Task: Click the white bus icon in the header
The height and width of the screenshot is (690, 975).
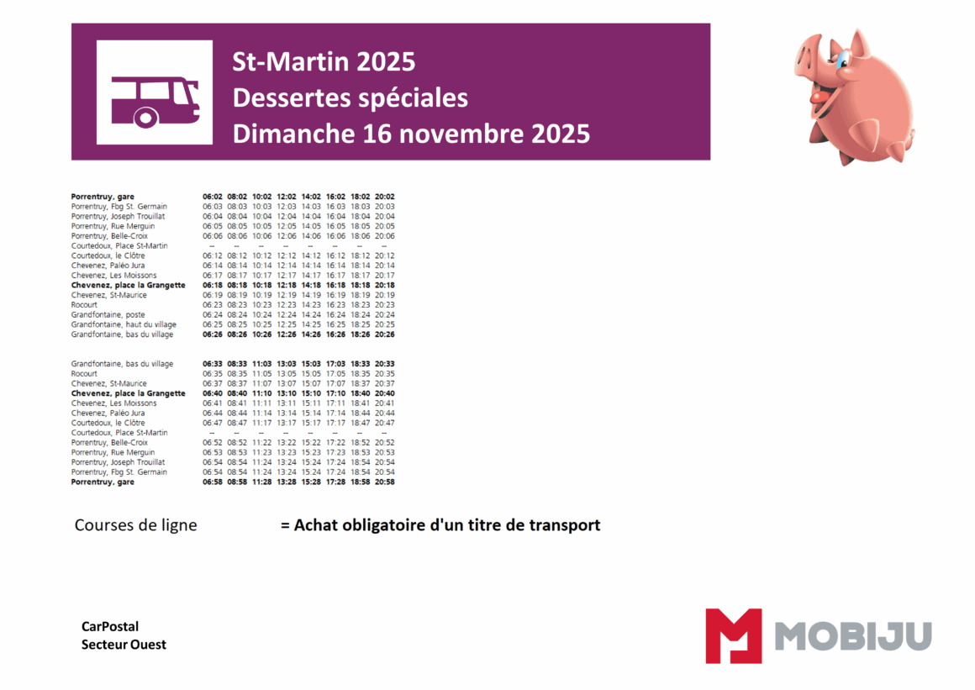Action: click(155, 92)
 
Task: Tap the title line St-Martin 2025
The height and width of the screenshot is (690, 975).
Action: click(324, 62)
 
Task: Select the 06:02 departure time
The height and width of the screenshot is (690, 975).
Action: click(212, 197)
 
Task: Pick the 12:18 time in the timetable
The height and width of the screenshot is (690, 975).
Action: click(286, 285)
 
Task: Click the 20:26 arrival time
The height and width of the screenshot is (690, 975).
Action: click(385, 334)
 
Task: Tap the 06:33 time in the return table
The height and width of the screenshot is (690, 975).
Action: click(212, 364)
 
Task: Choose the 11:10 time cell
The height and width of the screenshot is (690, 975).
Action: click(261, 393)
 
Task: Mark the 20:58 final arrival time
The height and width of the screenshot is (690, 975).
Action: click(385, 482)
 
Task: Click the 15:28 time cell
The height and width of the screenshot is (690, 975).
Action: click(311, 482)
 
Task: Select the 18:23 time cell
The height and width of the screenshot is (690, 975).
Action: click(361, 305)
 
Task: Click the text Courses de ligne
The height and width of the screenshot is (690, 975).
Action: click(135, 525)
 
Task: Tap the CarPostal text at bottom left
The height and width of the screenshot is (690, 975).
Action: click(110, 626)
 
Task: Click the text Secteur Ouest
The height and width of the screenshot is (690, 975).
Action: click(124, 645)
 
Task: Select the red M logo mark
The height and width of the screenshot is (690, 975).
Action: click(733, 635)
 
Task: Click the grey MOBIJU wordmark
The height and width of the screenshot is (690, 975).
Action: click(852, 635)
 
